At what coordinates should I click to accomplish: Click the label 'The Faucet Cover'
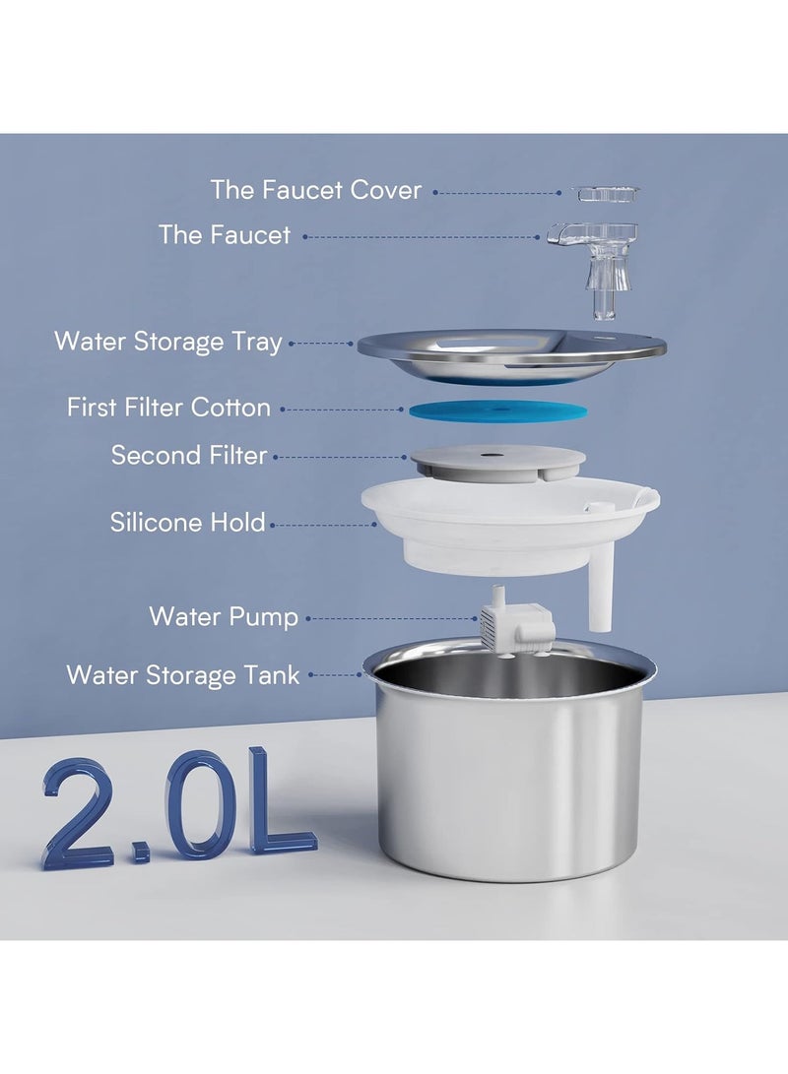(x=315, y=190)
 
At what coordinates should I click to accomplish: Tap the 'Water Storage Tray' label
(x=168, y=343)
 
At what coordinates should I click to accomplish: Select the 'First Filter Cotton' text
(x=168, y=408)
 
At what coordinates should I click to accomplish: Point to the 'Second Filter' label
(x=189, y=456)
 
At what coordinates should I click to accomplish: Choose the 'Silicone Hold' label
(x=188, y=522)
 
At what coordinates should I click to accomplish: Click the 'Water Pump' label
(x=224, y=617)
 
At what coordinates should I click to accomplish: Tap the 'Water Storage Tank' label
(x=183, y=675)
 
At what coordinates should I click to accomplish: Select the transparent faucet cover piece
(x=608, y=194)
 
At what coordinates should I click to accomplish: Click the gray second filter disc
(x=498, y=460)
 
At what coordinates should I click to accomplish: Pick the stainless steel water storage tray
(x=511, y=355)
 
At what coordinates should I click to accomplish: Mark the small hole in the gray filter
(x=489, y=454)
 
